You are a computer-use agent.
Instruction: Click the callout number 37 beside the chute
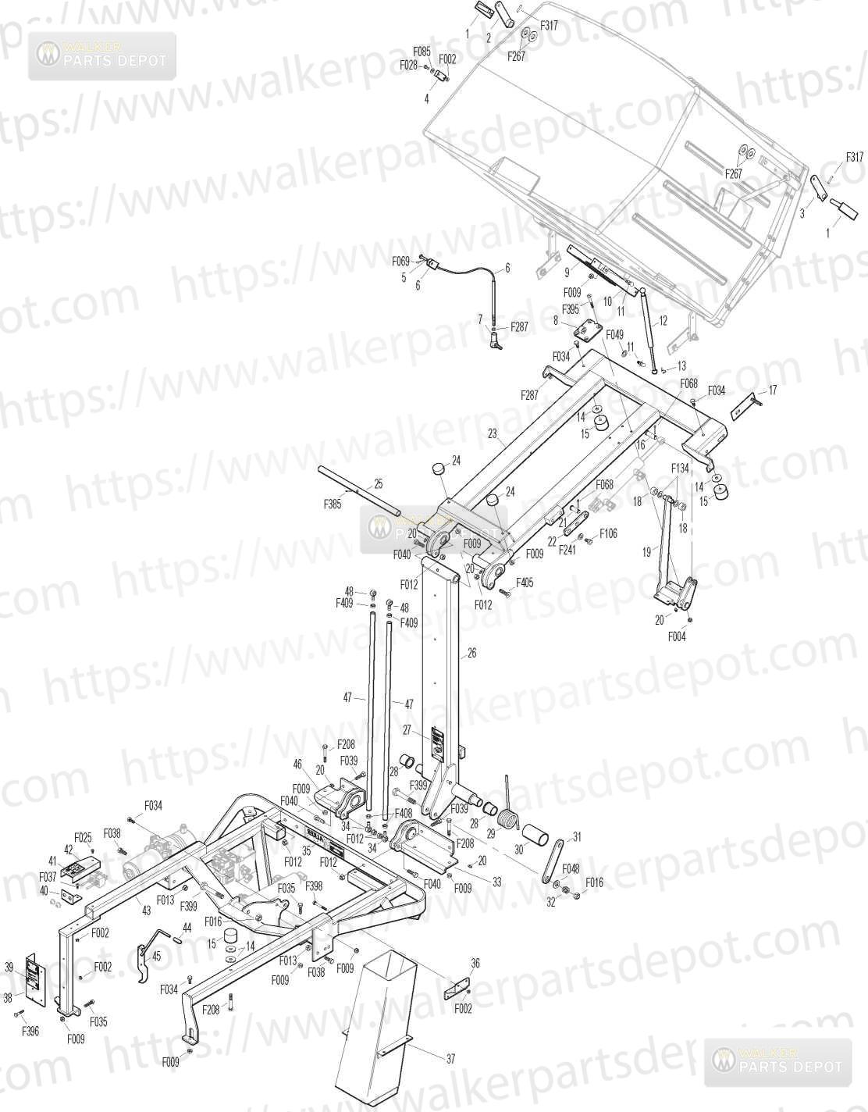(450, 1060)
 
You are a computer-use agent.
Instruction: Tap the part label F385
(333, 504)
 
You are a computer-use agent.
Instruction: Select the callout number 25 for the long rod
(379, 483)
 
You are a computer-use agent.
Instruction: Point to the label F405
(525, 583)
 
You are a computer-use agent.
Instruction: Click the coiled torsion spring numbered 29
(509, 818)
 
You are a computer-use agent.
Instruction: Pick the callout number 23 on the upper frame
(493, 433)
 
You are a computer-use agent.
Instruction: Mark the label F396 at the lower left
(30, 1032)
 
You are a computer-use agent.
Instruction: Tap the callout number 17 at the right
(773, 390)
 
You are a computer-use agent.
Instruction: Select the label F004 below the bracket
(677, 636)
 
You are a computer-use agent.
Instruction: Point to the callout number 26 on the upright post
(471, 653)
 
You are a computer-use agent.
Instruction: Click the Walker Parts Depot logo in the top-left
(102, 55)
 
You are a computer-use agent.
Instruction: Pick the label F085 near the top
(422, 52)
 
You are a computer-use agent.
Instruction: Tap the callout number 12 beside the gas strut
(663, 320)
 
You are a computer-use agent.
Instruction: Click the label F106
(609, 533)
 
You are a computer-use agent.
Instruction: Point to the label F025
(83, 836)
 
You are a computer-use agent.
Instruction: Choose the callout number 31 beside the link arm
(577, 836)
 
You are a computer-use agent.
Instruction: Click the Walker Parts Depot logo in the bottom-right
(778, 1060)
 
